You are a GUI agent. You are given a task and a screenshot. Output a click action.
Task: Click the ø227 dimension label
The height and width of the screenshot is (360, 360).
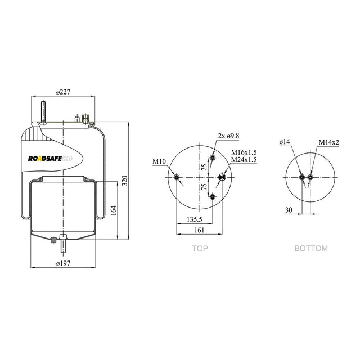(x=63, y=92)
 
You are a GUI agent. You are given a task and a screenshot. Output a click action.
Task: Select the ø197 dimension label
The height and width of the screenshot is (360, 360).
(x=63, y=263)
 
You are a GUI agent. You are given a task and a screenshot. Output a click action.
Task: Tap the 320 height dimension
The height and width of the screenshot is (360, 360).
(x=124, y=181)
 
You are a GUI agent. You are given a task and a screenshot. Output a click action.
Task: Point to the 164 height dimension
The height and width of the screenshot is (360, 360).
(x=114, y=210)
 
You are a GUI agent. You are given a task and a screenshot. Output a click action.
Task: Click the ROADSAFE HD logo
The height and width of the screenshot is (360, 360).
(x=50, y=159)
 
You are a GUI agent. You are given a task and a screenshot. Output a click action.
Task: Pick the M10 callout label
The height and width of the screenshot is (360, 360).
(x=159, y=161)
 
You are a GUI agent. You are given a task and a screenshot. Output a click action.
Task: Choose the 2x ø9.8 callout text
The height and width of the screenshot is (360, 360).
(x=228, y=136)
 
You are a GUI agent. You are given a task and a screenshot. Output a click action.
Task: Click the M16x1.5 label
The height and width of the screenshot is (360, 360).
(x=244, y=152)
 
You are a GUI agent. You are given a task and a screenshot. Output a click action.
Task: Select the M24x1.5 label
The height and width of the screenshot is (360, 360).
(x=244, y=159)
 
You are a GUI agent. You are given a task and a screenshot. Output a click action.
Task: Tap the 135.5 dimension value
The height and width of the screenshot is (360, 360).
(x=195, y=219)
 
